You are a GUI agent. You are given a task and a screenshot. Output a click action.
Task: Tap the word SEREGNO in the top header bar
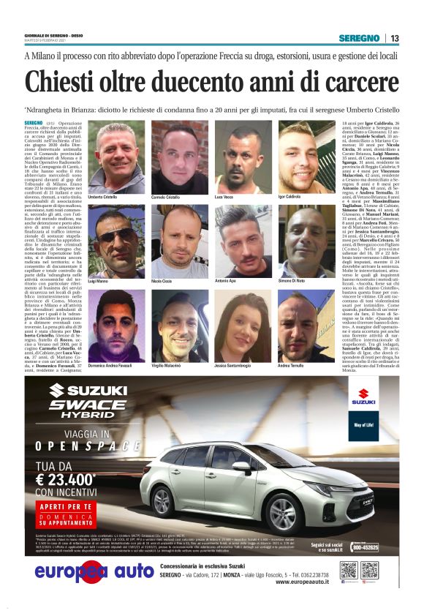[359, 38]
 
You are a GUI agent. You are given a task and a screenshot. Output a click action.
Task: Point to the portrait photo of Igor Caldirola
[306, 158]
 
